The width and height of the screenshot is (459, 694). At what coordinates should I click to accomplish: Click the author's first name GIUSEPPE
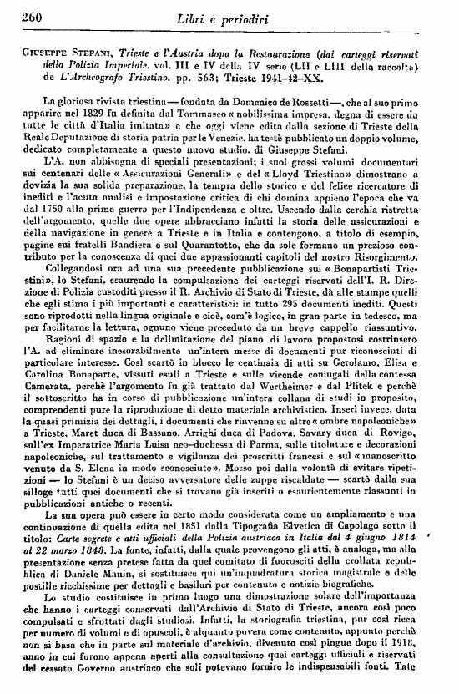[x=43, y=51]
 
